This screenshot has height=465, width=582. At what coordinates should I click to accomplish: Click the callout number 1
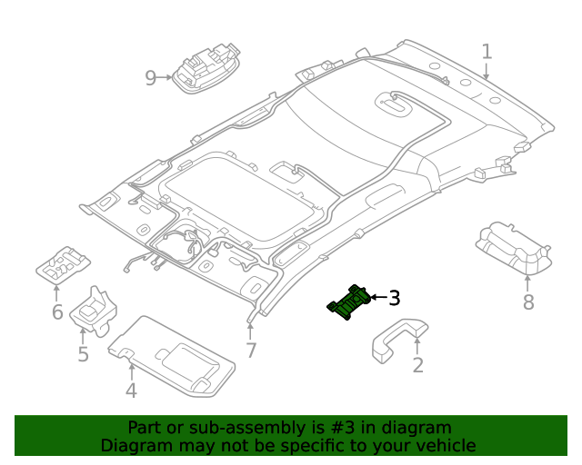(x=487, y=51)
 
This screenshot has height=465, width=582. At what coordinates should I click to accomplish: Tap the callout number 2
(x=417, y=365)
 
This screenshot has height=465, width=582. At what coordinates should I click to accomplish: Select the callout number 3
(x=394, y=297)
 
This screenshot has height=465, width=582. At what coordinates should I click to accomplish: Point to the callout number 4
(x=131, y=391)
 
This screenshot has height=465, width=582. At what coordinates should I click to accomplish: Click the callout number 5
(x=83, y=353)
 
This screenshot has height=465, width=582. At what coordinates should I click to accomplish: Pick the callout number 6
(x=56, y=312)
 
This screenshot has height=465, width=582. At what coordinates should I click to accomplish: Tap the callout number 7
(x=251, y=351)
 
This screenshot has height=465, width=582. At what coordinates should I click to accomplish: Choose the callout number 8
(x=528, y=302)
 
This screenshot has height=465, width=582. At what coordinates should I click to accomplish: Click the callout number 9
(x=151, y=78)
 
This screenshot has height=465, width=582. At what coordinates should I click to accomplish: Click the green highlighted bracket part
(x=349, y=303)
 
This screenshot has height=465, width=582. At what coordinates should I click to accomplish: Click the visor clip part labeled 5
(x=95, y=311)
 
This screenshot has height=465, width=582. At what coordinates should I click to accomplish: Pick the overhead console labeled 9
(x=207, y=71)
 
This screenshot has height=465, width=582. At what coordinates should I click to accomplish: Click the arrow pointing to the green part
(x=376, y=297)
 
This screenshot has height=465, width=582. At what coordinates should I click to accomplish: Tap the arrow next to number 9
(x=166, y=78)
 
